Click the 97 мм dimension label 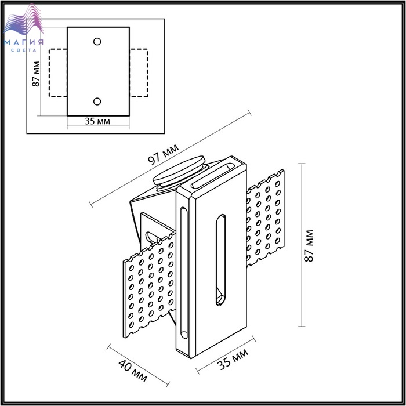tap(163, 154)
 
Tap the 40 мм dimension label tap(133, 371)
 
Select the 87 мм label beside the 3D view tap(309, 246)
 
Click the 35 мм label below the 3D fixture tap(233, 359)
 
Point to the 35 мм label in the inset tap(97, 121)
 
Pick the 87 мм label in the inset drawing tap(36, 74)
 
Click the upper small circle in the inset tap(97, 41)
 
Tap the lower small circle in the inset tap(97, 101)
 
